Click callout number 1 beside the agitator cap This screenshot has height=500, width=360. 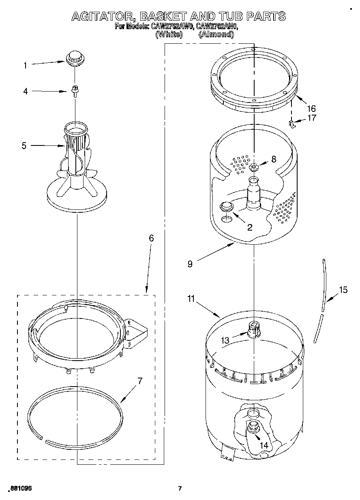pos(25,65)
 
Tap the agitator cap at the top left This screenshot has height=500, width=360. pos(74,58)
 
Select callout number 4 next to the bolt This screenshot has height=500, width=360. pos(25,92)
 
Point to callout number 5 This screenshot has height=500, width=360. pos(24,145)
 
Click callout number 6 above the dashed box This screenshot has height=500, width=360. pos(151,238)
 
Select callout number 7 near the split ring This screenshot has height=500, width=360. pos(139,381)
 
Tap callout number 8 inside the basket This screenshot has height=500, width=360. pos(274,159)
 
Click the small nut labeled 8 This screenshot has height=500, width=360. pos(254,167)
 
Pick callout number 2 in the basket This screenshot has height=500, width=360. pos(250,227)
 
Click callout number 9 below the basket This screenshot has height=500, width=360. pos(190,264)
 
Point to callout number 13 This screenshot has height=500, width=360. pos(225,341)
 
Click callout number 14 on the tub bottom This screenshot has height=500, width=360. pos(264,445)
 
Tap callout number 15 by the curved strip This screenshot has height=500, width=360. pos(343,290)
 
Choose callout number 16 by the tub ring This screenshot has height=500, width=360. pos(311,109)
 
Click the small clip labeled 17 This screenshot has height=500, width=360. pos(292,123)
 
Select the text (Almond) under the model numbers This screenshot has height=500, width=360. pos(216,34)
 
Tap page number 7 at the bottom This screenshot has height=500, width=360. pos(180,488)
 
